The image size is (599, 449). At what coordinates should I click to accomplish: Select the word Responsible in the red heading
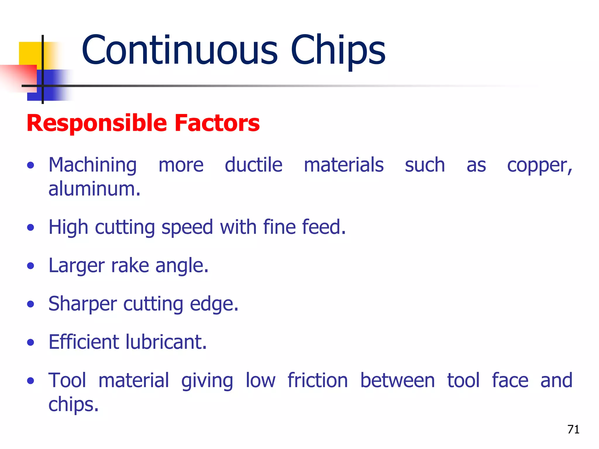97,123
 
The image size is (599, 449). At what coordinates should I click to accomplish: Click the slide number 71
573,429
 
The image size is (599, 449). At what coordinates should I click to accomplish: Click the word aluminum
94,189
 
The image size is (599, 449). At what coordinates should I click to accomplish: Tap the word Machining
92,166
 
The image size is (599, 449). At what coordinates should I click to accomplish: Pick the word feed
323,227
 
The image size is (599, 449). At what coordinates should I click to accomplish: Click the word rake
130,266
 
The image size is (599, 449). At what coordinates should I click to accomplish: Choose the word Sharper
83,304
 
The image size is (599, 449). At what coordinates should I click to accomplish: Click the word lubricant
166,342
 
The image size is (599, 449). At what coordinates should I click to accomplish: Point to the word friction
318,380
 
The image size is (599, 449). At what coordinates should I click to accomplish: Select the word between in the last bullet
397,380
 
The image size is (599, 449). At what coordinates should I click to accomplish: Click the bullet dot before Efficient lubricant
30,342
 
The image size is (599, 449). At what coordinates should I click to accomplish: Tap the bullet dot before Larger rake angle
30,266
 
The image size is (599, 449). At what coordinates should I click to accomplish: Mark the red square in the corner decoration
20,77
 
